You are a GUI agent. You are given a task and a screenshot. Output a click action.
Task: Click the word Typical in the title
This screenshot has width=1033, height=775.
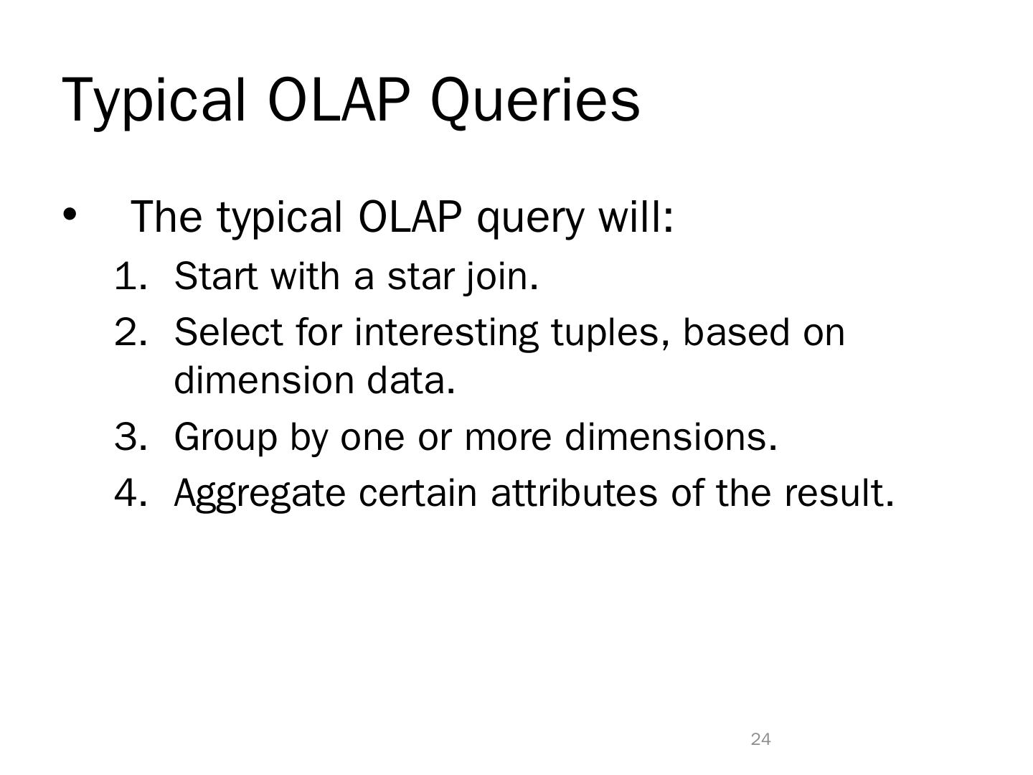tap(154, 102)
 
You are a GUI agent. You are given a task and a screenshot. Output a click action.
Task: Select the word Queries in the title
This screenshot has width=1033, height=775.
tap(534, 102)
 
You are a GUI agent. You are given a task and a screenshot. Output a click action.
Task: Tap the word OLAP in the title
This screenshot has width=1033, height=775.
tap(339, 100)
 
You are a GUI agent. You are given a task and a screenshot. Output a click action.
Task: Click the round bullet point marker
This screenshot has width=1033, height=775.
tap(69, 215)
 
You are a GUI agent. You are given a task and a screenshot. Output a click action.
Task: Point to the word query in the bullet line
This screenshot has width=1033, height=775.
tap(530, 218)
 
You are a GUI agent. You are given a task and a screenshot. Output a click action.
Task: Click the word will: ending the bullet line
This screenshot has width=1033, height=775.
tap(636, 216)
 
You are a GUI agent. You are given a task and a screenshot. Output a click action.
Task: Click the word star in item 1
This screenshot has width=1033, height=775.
tap(421, 277)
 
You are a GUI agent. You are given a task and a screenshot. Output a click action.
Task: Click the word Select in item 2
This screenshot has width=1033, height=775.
tap(229, 332)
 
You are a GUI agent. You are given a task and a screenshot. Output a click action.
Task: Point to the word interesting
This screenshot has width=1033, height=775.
tap(446, 334)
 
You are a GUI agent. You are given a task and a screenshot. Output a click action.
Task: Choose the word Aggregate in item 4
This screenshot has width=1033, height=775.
tap(260, 495)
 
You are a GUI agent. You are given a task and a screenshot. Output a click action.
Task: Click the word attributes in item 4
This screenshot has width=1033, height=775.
tap(574, 493)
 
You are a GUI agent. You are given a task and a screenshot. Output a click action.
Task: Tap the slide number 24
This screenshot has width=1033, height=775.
tap(761, 739)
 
